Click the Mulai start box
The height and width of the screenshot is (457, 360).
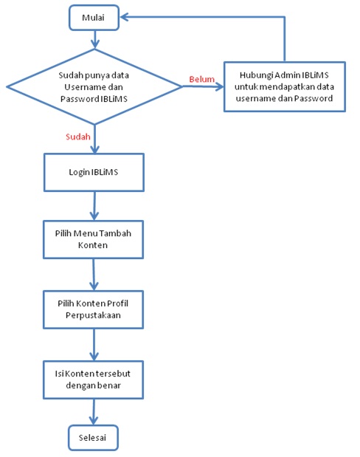pos(94,18)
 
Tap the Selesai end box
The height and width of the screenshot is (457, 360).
pos(93,438)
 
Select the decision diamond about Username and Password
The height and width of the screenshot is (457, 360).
pos(94,86)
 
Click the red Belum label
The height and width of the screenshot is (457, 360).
pos(202,79)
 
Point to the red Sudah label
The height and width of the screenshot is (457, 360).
pos(78,137)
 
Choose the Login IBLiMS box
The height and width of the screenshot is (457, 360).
pos(94,172)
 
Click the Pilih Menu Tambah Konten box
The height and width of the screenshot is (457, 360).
pos(93,239)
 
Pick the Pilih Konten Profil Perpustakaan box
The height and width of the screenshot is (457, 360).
pos(93,309)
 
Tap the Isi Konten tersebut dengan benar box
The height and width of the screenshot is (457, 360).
pos(93,379)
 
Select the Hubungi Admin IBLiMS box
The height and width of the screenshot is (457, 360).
pos(285,86)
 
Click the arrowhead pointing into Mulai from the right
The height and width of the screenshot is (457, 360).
pos(125,17)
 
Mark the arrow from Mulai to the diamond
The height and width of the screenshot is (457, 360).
pos(94,39)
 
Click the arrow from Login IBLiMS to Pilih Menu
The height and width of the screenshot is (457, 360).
pos(94,206)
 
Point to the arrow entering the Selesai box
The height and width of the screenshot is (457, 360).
pos(94,412)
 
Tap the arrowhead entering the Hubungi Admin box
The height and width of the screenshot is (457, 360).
pos(219,86)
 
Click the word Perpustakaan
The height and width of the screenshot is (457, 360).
pos(93,315)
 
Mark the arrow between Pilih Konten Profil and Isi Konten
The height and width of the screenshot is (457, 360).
pos(94,345)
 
